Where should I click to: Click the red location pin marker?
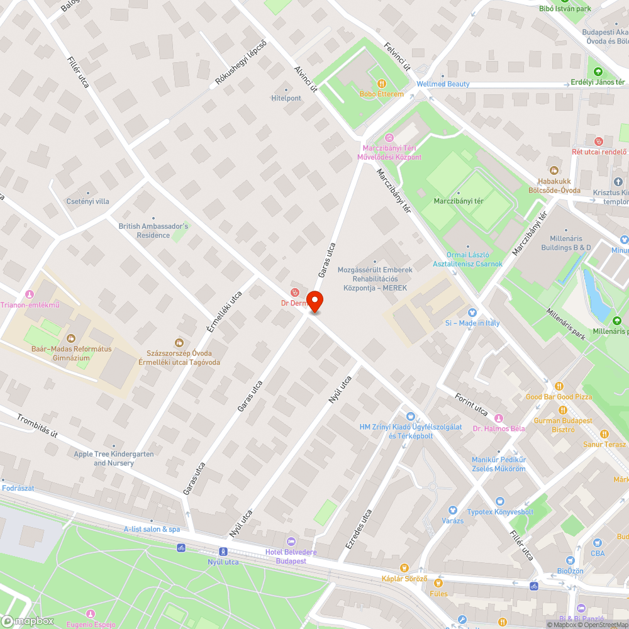pos(314,302)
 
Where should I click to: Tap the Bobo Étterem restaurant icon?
pos(381,84)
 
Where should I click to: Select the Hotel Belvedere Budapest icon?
pos(290,542)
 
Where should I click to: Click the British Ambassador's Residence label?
pos(153,230)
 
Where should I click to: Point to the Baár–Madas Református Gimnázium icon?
pos(70,338)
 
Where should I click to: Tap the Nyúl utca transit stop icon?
pos(223,552)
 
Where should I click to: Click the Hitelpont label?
pos(286,98)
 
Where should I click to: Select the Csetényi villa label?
pos(87,201)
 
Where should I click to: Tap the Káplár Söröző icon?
pos(404,568)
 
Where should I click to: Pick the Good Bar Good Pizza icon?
pos(559,386)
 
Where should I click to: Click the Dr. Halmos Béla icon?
pos(499,418)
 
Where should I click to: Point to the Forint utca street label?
pos(472,404)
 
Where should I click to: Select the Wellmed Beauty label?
pos(443,84)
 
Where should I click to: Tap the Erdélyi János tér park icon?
pos(598,72)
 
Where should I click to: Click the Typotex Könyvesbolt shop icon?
pos(499,501)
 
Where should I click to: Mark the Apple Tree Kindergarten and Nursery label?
pos(113,459)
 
